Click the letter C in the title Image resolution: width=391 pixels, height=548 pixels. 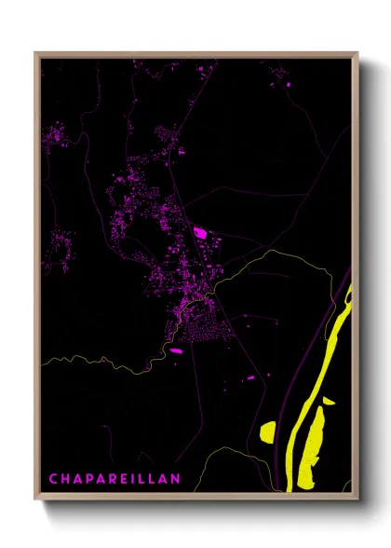pos(53,478)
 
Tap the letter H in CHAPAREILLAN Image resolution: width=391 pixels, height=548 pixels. pos(66,478)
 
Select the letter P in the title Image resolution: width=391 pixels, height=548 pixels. pos(90,478)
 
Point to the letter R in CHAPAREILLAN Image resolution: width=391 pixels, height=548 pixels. pos(115,478)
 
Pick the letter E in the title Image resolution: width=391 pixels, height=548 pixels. pos(127,478)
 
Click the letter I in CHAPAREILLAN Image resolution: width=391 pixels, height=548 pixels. pos(136,478)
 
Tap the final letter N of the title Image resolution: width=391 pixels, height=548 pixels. pos(178,478)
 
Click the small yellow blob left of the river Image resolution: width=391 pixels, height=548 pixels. pos(268,432)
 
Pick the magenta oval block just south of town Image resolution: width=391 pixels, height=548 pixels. pos(175,350)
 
